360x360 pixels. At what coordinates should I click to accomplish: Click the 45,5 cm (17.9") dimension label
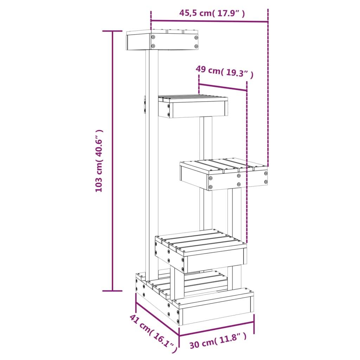coord(212,13)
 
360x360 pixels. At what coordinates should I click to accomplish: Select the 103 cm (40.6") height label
coord(99,161)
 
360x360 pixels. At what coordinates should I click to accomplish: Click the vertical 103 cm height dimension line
coord(112,161)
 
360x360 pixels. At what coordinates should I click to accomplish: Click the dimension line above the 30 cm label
coord(217,329)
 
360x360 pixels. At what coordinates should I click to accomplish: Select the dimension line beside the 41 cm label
coord(157,314)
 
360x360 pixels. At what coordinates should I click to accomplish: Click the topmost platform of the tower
coord(162,41)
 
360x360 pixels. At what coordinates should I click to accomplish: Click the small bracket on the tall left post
coord(144,105)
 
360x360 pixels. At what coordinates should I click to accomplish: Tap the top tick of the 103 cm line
coord(112,31)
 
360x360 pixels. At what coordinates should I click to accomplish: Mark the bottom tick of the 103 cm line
coord(112,291)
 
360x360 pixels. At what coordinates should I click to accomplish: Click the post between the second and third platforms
coord(206,139)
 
